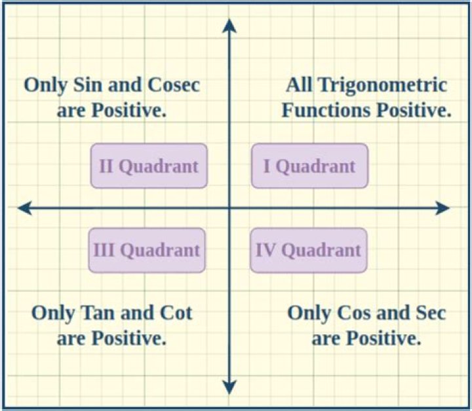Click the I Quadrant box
click(309, 166)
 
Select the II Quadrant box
click(149, 166)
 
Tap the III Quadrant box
click(147, 250)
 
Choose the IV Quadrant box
click(308, 250)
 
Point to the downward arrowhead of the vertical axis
click(229, 387)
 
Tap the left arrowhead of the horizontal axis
click(25, 208)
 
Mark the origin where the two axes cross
click(229, 208)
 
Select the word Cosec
click(172, 85)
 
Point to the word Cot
click(176, 313)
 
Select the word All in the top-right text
click(299, 85)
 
